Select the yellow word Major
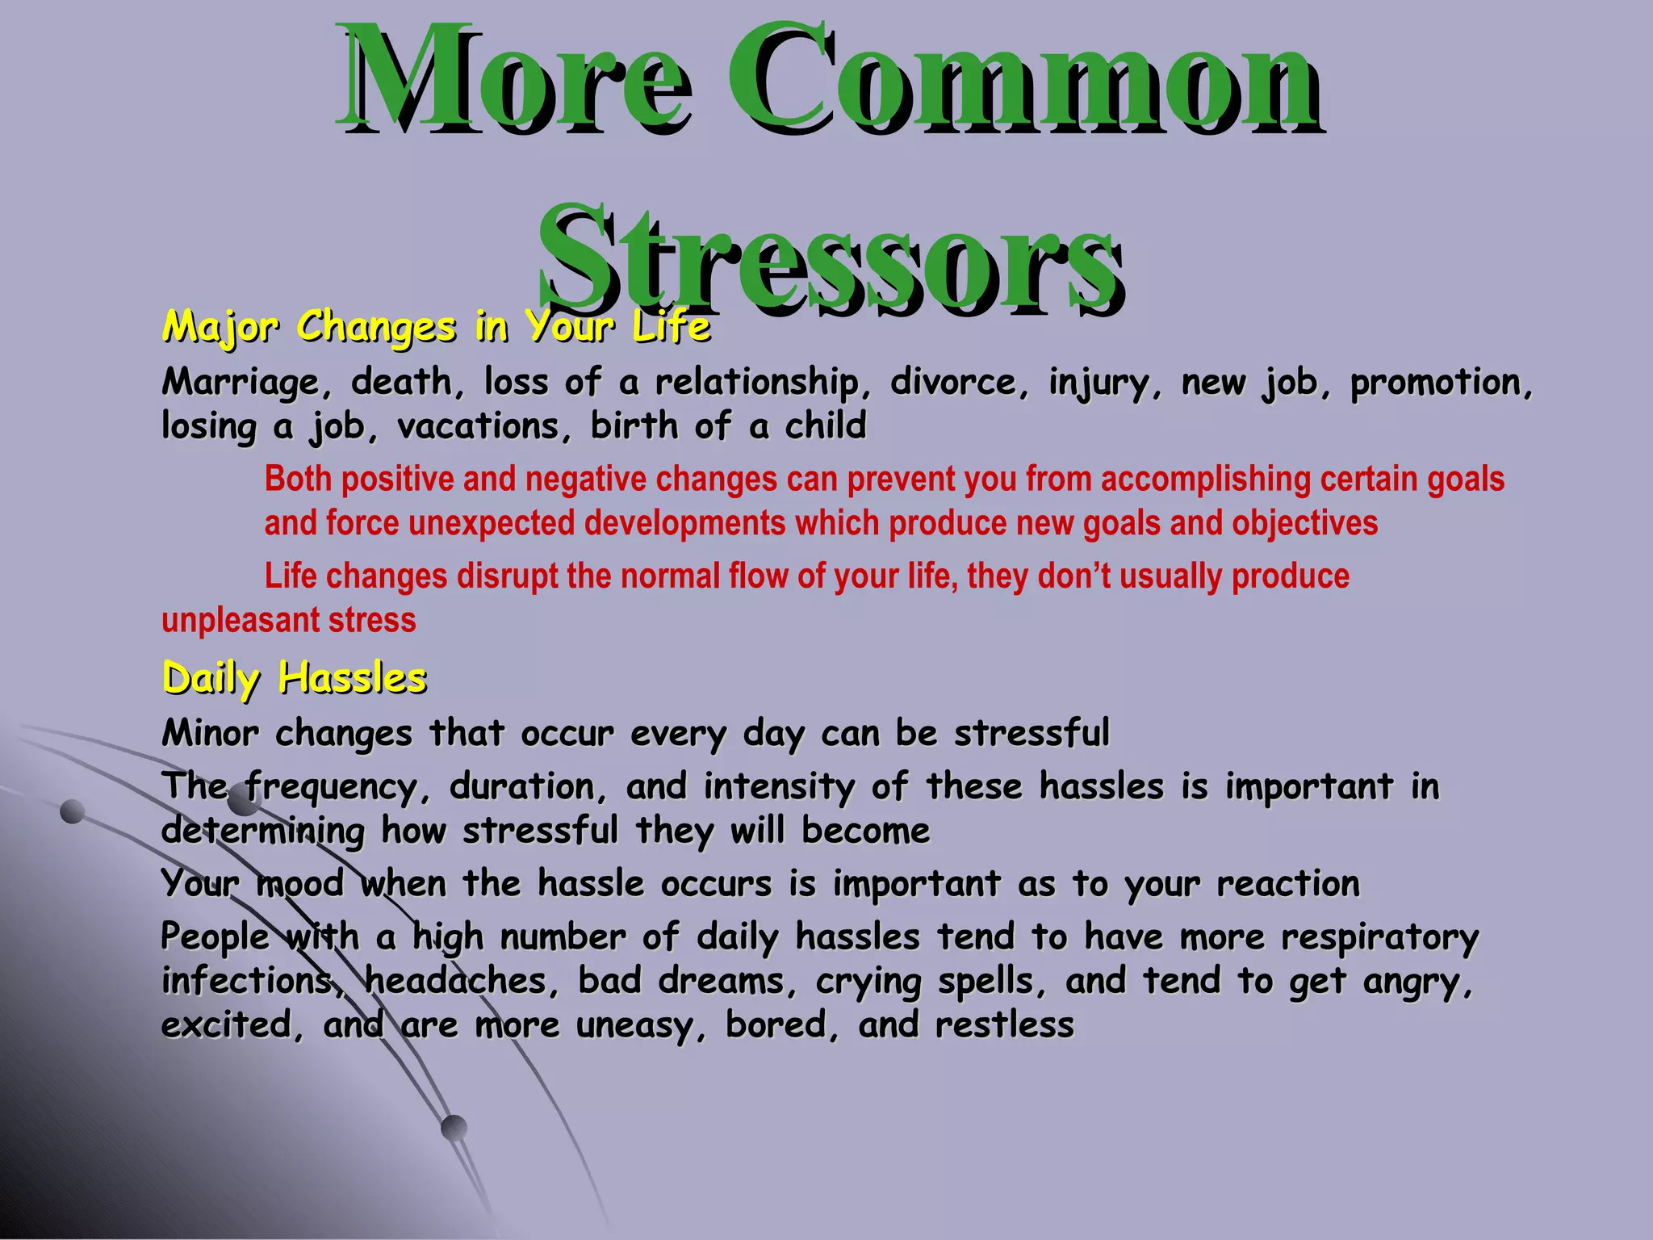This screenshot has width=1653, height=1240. [x=220, y=328]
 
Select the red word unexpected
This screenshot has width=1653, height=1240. [x=492, y=524]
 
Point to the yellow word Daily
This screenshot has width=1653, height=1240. [x=211, y=679]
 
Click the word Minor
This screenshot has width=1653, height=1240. [x=210, y=734]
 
